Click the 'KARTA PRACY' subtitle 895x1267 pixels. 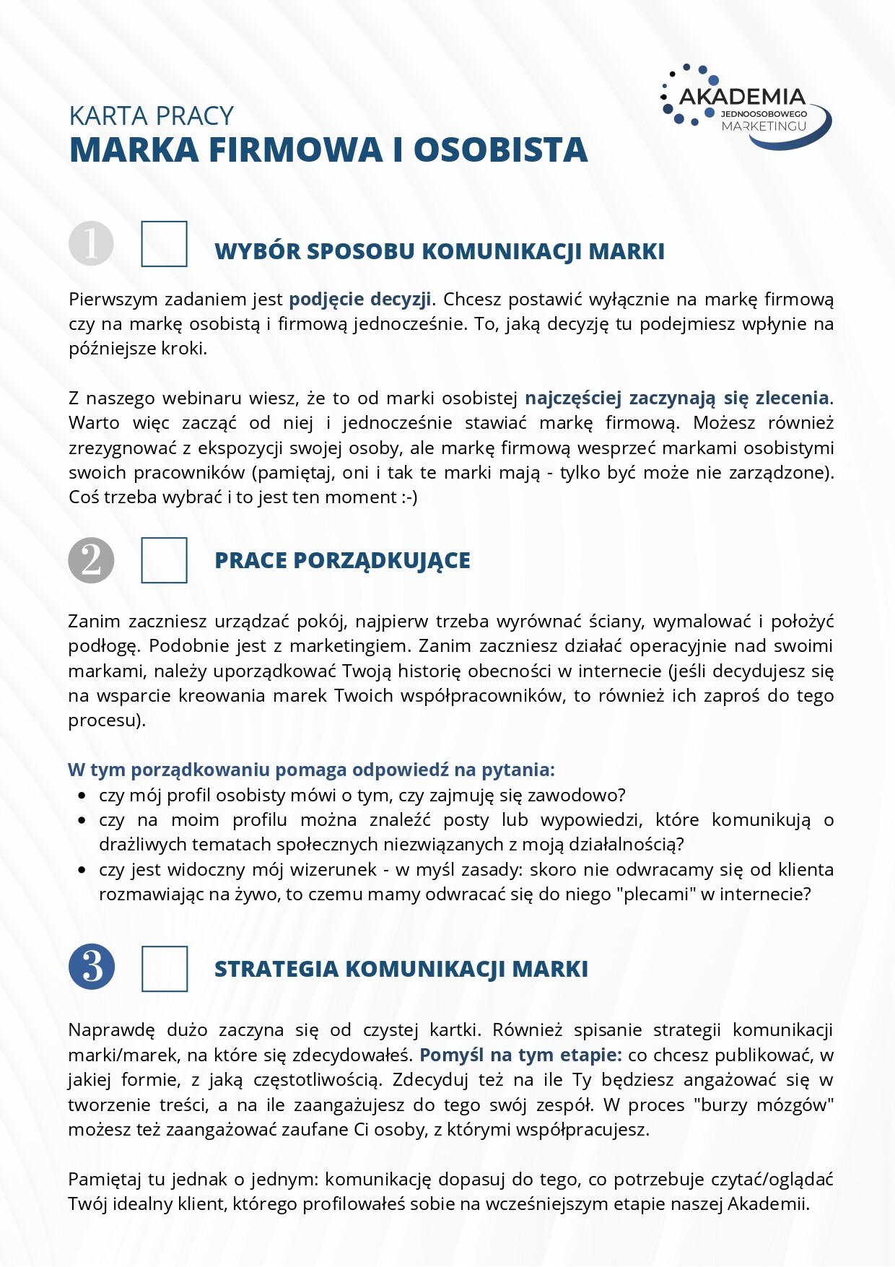(x=151, y=116)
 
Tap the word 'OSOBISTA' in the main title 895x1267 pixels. (x=500, y=150)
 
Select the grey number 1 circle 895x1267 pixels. (x=91, y=243)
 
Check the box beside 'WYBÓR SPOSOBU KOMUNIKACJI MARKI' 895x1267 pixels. (x=164, y=244)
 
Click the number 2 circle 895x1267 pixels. (x=91, y=560)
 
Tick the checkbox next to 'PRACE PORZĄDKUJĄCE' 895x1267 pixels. (x=164, y=560)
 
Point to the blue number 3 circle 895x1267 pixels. (x=92, y=967)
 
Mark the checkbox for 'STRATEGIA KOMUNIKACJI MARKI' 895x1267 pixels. (x=165, y=968)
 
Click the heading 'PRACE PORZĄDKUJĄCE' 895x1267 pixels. (x=342, y=560)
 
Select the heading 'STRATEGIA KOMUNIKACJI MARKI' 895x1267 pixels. (x=401, y=969)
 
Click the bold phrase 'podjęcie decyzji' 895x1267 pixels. (x=360, y=299)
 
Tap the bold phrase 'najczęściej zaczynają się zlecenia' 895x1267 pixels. (x=676, y=398)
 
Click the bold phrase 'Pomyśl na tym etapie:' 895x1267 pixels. (x=520, y=1055)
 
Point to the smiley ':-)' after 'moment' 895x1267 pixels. (x=409, y=497)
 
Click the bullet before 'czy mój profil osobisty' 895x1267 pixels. (x=82, y=796)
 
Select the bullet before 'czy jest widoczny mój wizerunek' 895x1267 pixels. (x=82, y=870)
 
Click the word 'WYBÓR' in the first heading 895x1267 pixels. (x=256, y=251)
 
